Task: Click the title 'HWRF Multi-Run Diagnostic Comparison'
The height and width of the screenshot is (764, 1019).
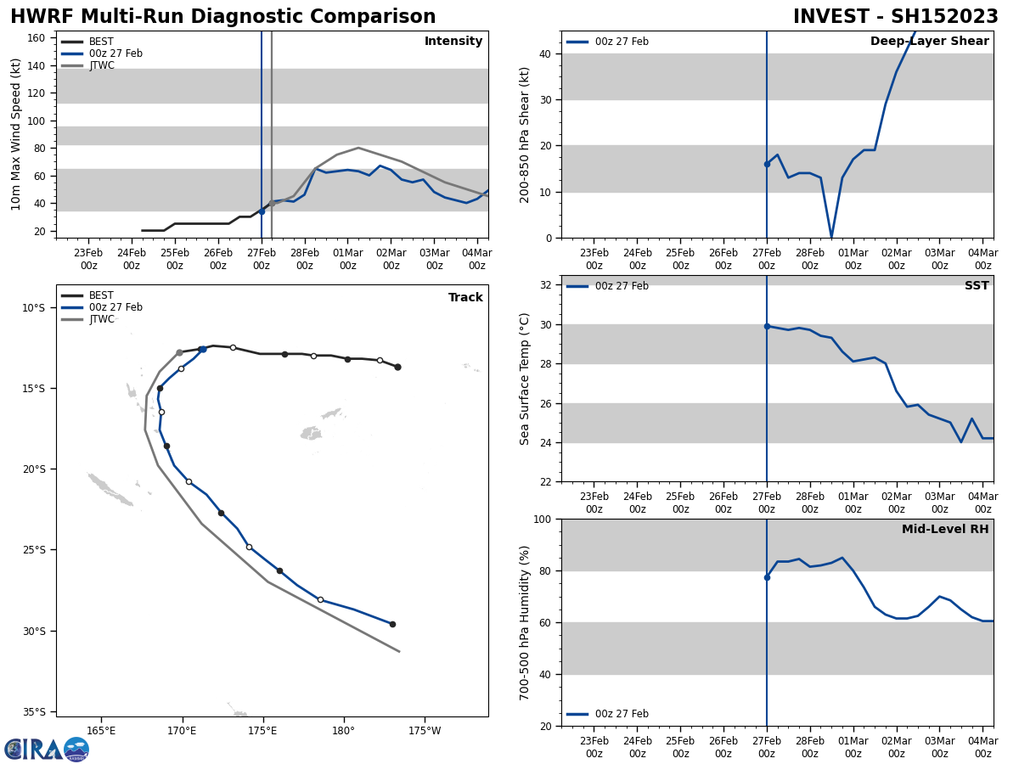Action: tap(222, 17)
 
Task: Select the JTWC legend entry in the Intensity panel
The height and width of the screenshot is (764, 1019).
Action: tap(101, 65)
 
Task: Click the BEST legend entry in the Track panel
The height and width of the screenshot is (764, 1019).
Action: tap(101, 295)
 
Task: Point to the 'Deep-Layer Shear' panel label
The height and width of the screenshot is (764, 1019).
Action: tap(929, 42)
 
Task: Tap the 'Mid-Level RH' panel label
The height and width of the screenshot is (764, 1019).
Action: tap(945, 530)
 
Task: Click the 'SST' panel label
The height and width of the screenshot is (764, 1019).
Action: tap(977, 286)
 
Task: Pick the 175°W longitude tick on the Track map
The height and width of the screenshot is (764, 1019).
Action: tap(425, 731)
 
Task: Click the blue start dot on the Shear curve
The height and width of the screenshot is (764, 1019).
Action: tap(767, 164)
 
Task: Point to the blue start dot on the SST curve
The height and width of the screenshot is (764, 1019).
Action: tap(767, 326)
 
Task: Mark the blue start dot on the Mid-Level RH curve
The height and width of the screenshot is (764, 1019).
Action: tap(767, 577)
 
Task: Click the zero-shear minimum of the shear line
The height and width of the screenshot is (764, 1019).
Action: tap(831, 237)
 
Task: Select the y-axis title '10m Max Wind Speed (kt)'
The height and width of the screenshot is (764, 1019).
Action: tap(16, 134)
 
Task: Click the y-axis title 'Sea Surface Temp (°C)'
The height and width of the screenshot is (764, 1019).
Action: tap(525, 379)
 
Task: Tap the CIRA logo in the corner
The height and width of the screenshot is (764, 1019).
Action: tap(47, 750)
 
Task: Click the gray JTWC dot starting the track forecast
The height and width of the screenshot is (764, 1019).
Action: tap(179, 352)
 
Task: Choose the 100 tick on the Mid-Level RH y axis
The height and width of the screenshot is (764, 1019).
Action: tap(546, 519)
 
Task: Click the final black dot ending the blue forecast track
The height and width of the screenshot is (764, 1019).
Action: tap(392, 624)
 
